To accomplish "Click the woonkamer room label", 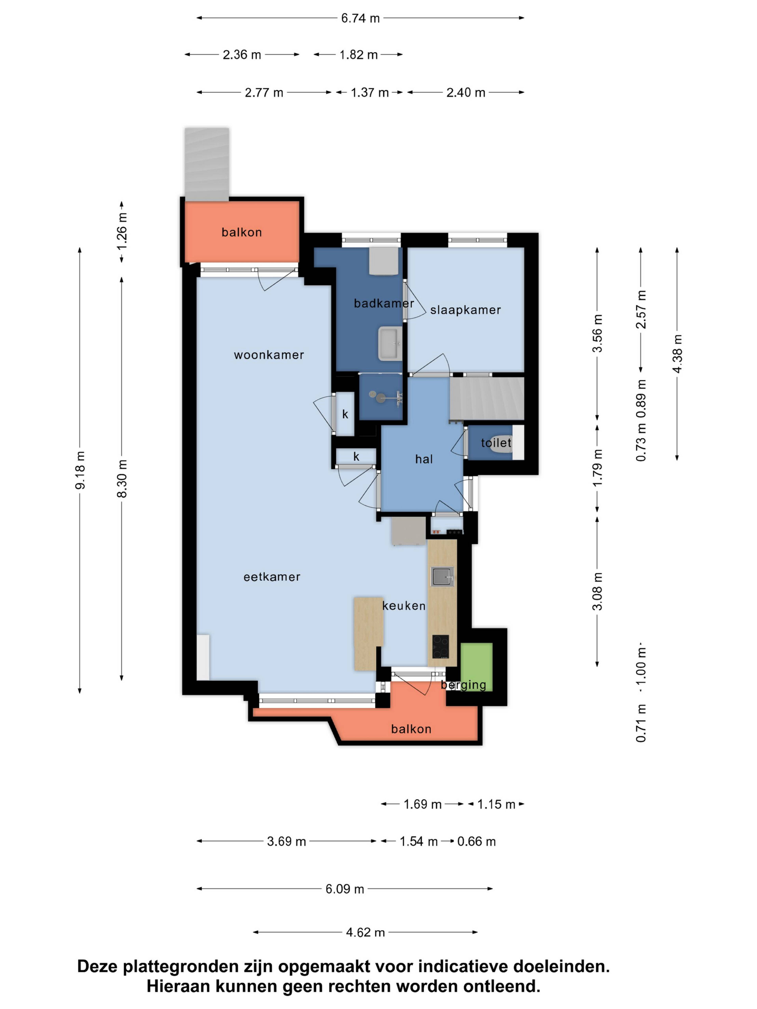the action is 269,355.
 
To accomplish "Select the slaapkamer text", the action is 465,310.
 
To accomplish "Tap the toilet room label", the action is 496,442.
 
